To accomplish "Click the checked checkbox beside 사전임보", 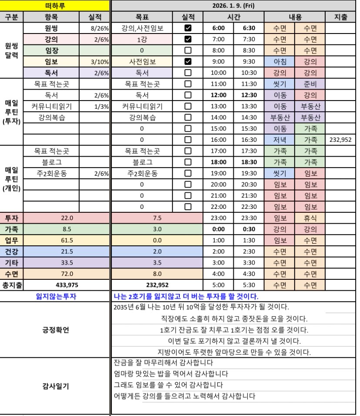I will (x=188, y=62).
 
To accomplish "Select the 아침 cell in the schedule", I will (x=279, y=62).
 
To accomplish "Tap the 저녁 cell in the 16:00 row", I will (x=279, y=140).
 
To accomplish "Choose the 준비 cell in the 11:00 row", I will (x=310, y=84).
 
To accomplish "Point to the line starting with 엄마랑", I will (x=170, y=374).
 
